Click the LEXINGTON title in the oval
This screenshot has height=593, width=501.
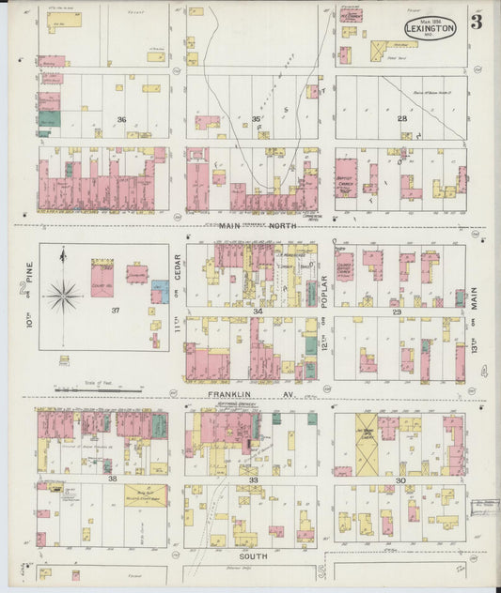click(431, 29)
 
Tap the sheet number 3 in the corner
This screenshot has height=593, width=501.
click(477, 23)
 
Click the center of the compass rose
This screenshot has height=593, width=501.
click(63, 296)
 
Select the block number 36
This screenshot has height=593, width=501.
click(121, 119)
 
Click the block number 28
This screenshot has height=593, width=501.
click(401, 118)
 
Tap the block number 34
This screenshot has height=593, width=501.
click(256, 311)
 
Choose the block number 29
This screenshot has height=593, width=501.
click(397, 311)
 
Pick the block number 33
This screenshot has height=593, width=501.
click(253, 479)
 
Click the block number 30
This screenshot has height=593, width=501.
click(399, 479)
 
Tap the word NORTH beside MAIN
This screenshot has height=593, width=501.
click(279, 225)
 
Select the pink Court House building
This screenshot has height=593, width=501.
click(102, 280)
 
